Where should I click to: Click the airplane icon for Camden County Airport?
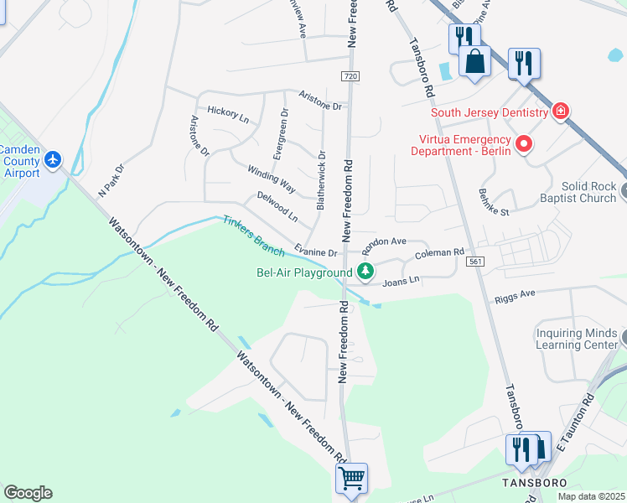pos(54,158)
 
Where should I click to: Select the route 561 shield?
pos(476,262)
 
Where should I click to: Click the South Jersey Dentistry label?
pos(490,112)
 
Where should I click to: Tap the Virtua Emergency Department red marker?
pos(525,144)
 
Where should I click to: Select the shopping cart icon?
pos(351,478)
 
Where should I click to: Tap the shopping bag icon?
pos(474,61)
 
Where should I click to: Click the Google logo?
pos(28,493)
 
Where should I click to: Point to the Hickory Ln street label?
pos(228,115)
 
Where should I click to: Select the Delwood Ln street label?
pos(277,205)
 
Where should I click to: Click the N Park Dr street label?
pos(110,179)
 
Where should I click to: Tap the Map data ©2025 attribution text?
pos(591,496)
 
